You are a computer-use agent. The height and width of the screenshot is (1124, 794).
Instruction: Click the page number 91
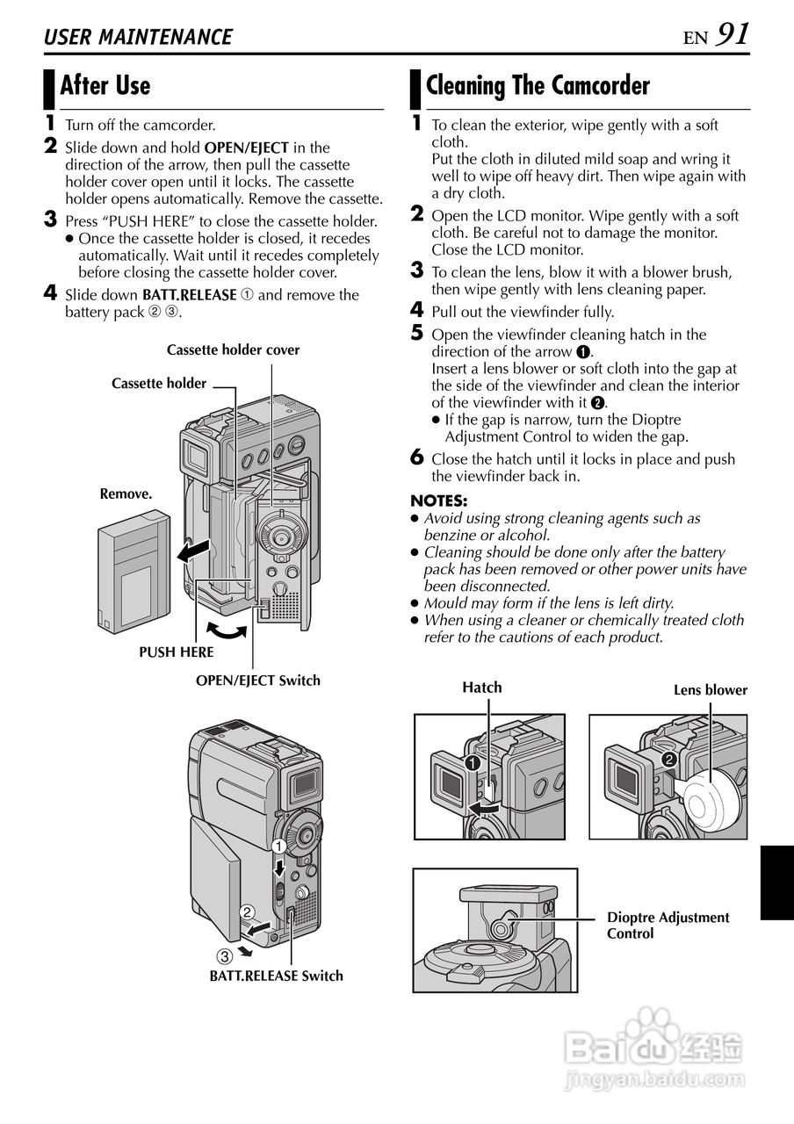[733, 34]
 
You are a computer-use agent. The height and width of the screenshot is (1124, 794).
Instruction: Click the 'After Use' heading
[105, 86]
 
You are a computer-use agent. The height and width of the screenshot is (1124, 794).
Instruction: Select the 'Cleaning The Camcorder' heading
[538, 86]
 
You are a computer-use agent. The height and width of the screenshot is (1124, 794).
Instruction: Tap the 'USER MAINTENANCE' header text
[138, 37]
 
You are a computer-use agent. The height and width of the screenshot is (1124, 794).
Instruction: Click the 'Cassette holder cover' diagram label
[233, 349]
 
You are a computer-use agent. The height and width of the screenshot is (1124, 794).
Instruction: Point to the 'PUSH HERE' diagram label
[176, 652]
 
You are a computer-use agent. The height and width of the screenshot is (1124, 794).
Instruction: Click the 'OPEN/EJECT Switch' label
[257, 680]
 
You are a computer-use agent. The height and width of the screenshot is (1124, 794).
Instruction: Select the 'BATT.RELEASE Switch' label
[276, 976]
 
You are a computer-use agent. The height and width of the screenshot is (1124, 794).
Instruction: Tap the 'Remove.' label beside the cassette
[126, 494]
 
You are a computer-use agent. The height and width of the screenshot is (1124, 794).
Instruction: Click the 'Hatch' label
[482, 688]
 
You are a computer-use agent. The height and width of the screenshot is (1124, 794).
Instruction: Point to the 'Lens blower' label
[710, 690]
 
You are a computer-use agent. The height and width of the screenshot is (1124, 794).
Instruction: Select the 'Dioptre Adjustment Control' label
[668, 926]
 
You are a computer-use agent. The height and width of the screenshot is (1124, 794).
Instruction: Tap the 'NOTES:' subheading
[438, 501]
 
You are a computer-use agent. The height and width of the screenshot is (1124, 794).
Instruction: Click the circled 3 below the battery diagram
[225, 955]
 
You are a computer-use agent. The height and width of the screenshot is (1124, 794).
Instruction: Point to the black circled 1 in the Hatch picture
[473, 762]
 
